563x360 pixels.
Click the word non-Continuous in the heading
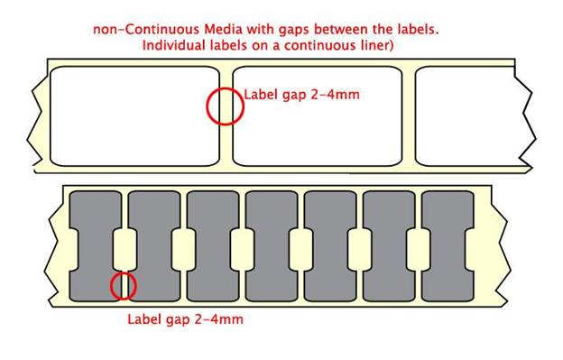pos(147,29)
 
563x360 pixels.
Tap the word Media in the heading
pos(222,29)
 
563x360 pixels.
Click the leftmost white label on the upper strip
pos(135,116)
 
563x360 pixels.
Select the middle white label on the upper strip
pos(318,116)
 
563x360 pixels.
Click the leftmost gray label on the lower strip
pos(96,246)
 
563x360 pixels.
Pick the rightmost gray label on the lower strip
pos(448,246)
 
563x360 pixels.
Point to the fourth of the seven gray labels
pos(272,246)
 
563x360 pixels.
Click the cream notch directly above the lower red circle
pos(125,250)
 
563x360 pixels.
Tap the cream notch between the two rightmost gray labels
pos(419,250)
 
